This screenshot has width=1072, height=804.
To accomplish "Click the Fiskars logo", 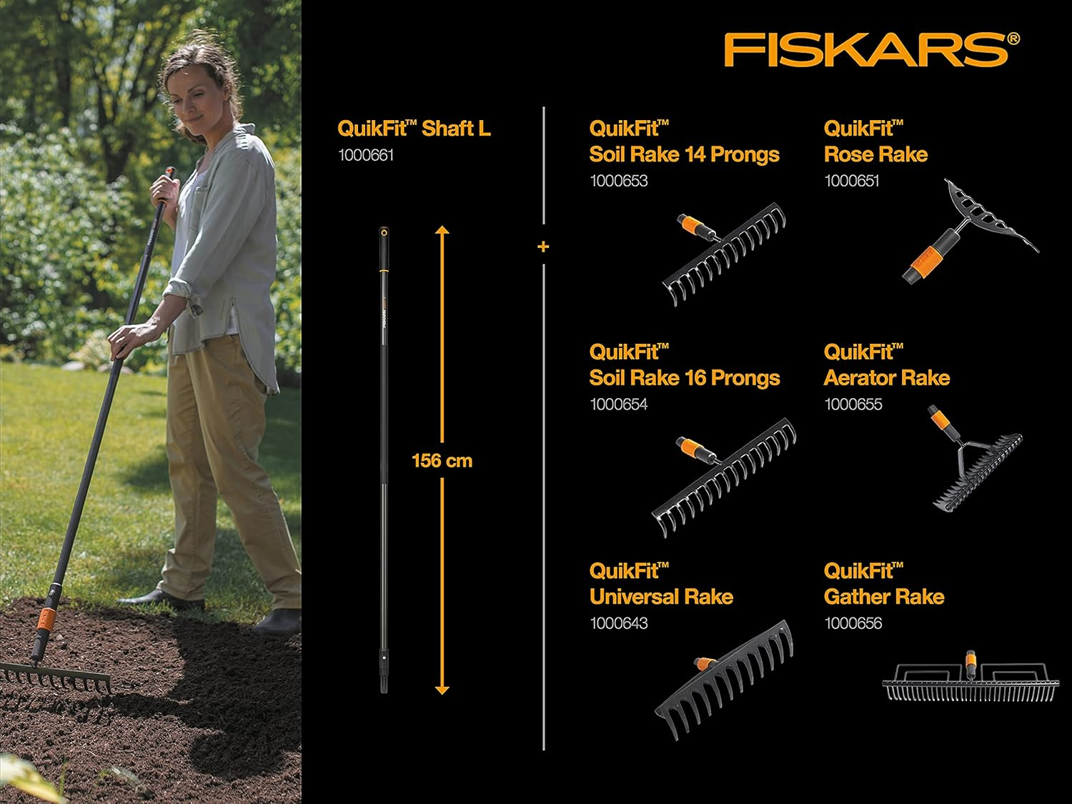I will pyautogui.click(x=871, y=49).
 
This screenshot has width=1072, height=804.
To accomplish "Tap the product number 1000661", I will pyautogui.click(x=366, y=155).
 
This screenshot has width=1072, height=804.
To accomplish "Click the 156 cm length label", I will pyautogui.click(x=442, y=461).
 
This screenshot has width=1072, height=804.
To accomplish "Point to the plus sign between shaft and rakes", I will pyautogui.click(x=543, y=247).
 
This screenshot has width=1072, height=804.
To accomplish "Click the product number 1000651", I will pyautogui.click(x=851, y=181).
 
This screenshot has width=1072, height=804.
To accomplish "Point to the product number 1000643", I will pyautogui.click(x=618, y=623).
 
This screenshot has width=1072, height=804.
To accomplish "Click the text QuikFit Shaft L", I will pyautogui.click(x=414, y=129).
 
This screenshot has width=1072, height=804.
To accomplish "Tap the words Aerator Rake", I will pyautogui.click(x=886, y=377).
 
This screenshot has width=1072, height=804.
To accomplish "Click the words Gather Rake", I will pyautogui.click(x=883, y=597).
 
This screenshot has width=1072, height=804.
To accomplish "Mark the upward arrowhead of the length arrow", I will pyautogui.click(x=442, y=231).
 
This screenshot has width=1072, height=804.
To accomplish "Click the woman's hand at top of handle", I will pyautogui.click(x=164, y=189).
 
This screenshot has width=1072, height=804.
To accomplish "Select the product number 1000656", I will pyautogui.click(x=853, y=623).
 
